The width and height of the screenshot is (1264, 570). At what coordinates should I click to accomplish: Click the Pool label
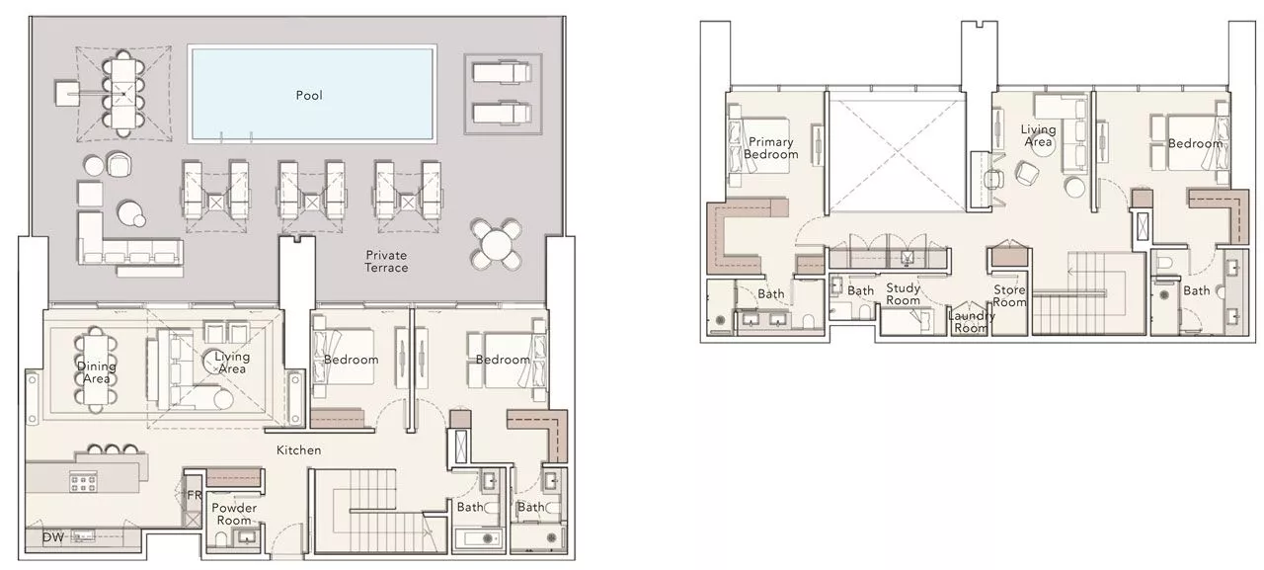(309, 96)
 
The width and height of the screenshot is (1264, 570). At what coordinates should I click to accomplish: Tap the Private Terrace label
(386, 261)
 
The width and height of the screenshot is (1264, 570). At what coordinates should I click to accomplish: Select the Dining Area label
(96, 372)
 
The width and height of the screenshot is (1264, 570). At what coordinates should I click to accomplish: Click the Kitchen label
(298, 450)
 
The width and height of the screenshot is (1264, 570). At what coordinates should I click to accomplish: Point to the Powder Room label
(234, 514)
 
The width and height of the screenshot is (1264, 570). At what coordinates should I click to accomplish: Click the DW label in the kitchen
(52, 537)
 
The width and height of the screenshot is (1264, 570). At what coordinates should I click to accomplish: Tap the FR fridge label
(194, 496)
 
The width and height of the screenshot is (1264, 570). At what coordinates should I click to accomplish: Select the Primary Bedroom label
(770, 149)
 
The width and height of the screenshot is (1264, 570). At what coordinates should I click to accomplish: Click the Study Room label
(903, 294)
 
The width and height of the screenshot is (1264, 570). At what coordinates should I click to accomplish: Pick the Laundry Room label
(971, 322)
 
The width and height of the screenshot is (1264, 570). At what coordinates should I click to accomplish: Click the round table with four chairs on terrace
(498, 242)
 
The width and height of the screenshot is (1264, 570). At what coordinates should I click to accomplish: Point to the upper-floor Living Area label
(1038, 136)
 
